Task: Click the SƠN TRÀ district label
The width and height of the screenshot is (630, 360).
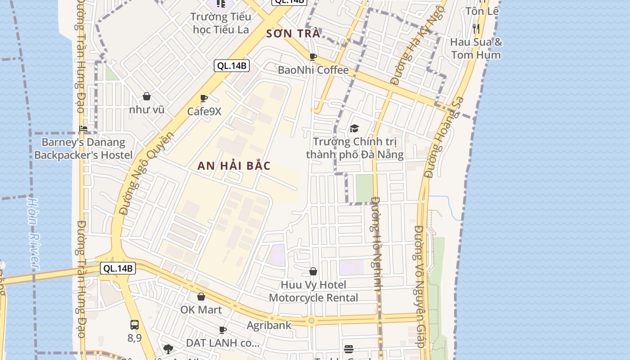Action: pyautogui.click(x=293, y=33)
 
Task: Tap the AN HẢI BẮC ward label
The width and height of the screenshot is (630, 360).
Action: pyautogui.click(x=234, y=166)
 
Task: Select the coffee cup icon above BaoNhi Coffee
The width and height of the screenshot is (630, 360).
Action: pyautogui.click(x=313, y=57)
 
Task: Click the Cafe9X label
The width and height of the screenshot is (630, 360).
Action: pyautogui.click(x=204, y=111)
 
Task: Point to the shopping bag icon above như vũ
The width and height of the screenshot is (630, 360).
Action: pyautogui.click(x=147, y=96)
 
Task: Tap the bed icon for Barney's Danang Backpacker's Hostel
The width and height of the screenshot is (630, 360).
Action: pyautogui.click(x=83, y=129)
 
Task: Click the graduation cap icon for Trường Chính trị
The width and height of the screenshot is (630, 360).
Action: pyautogui.click(x=355, y=129)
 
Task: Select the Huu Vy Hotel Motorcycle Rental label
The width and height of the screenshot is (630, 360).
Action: pyautogui.click(x=314, y=291)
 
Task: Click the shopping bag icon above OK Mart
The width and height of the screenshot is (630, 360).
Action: pyautogui.click(x=201, y=297)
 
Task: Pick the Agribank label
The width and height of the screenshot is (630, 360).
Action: pyautogui.click(x=269, y=325)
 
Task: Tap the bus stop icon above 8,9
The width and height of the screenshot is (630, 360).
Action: pyautogui.click(x=134, y=324)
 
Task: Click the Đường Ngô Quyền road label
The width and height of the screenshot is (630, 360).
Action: pyautogui.click(x=146, y=173)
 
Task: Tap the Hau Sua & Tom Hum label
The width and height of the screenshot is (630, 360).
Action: pyautogui.click(x=476, y=49)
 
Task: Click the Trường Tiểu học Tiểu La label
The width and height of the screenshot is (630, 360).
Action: pyautogui.click(x=220, y=23)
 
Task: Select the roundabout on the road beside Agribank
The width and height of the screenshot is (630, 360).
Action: pyautogui.click(x=311, y=320)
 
